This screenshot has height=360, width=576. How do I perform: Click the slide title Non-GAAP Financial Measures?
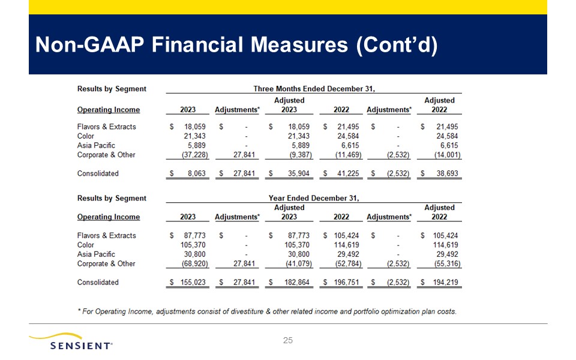[x=236, y=46]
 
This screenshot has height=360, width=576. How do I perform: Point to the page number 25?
[x=287, y=341]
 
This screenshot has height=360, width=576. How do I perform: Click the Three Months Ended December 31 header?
[x=314, y=89]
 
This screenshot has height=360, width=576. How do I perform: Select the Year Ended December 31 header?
[x=314, y=198]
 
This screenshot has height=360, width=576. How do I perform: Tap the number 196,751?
[x=344, y=282]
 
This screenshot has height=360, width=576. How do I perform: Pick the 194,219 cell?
[x=444, y=282]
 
